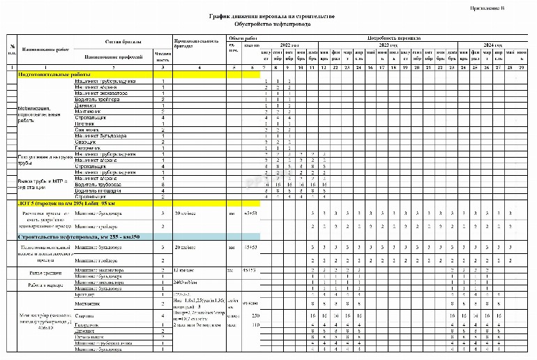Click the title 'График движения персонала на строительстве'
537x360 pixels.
pos(272,15)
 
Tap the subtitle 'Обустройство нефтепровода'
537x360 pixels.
pos(273,23)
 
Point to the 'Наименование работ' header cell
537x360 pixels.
pos(45,50)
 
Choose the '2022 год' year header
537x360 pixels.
pos(290,44)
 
